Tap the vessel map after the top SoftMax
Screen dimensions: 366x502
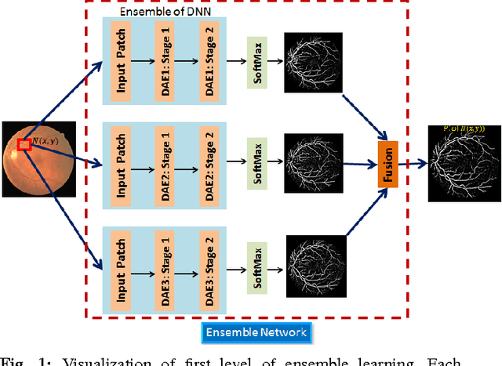[314, 61]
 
